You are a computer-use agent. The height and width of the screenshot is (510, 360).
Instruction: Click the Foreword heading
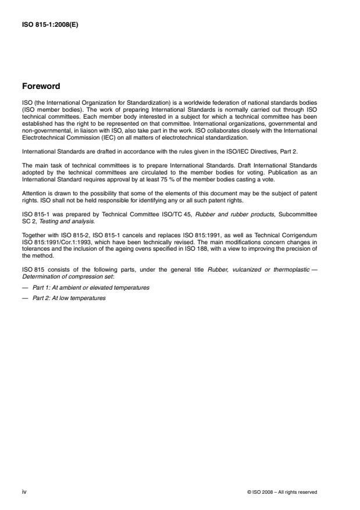point(40,86)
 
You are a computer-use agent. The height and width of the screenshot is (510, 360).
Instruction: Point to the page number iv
point(24,492)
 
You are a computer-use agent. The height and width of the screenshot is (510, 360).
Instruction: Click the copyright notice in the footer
point(282,492)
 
